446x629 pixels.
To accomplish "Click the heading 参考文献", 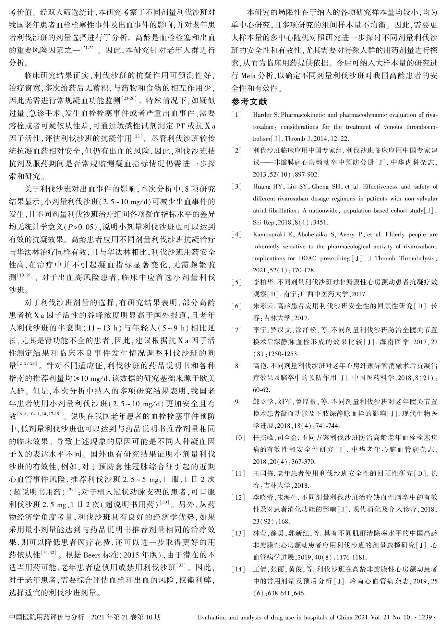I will tap(249, 102).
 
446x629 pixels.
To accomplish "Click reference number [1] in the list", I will tap(237, 115).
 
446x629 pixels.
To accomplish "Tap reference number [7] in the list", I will tap(237, 330).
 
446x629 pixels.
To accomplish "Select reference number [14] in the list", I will tap(238, 569).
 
